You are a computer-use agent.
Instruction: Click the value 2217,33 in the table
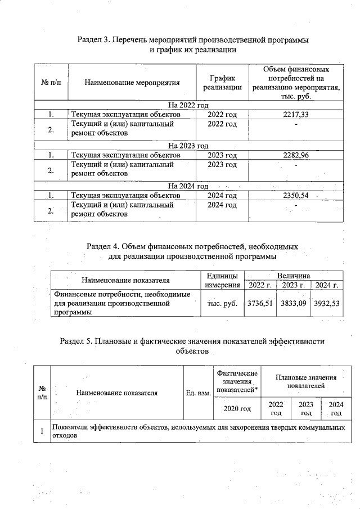pyautogui.click(x=296, y=115)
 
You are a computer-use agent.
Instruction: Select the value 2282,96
pyautogui.click(x=296, y=155)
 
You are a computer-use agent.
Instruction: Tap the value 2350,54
pyautogui.click(x=296, y=196)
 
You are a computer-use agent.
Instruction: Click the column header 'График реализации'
pyautogui.click(x=222, y=83)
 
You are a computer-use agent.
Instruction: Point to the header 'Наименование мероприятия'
pyautogui.click(x=132, y=83)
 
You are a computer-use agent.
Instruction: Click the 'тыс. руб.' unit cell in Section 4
pyautogui.click(x=222, y=303)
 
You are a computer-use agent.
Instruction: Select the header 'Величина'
pyautogui.click(x=293, y=276)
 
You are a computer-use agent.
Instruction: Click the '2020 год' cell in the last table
pyautogui.click(x=237, y=408)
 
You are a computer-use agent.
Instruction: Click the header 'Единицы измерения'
pyautogui.click(x=222, y=281)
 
